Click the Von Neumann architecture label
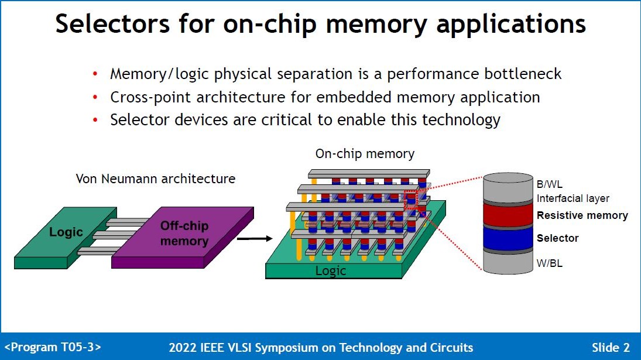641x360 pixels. pos(155,179)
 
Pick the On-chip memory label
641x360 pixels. pos(365,154)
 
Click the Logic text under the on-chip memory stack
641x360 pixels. pos(331,271)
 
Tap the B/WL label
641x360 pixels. pos(550,184)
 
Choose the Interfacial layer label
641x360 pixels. pos(573,199)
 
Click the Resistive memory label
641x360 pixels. pos(582,215)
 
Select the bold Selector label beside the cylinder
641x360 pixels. pos(557,238)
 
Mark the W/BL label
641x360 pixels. pos(550,263)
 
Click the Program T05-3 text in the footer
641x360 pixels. pos(53,347)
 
